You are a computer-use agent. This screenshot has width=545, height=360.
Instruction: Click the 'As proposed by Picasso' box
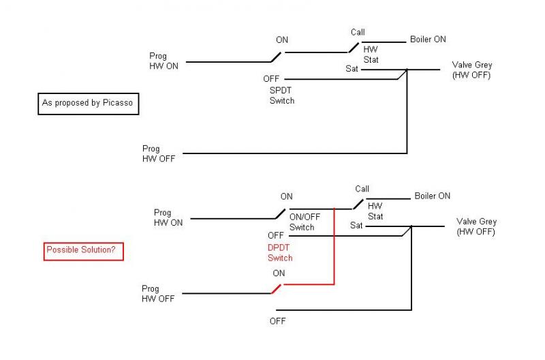pos(88,103)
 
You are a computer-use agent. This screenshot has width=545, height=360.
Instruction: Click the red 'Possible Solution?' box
pos(83,250)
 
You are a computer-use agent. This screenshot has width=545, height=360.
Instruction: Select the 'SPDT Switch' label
pos(281,95)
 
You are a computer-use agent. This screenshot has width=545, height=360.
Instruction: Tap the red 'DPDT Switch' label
pos(280,253)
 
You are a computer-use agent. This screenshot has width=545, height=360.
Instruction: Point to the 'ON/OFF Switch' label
pos(305,222)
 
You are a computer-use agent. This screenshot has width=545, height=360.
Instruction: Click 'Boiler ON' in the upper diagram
pos(428,40)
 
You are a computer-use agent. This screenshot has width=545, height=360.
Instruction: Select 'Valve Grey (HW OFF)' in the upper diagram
pos(471,70)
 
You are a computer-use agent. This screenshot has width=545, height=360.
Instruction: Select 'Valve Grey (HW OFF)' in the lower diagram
pos(476,227)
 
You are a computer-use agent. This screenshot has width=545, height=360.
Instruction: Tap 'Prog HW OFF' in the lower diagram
pos(158,294)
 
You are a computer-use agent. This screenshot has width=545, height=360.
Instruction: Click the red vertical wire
pos(334,246)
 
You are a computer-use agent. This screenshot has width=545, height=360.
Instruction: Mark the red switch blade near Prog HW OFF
pos(277,289)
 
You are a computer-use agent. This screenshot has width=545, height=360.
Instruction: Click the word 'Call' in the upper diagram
pos(358,32)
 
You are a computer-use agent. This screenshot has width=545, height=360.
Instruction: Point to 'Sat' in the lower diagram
pos(356,226)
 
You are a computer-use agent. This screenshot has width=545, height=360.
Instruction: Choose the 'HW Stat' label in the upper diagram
pos(371,55)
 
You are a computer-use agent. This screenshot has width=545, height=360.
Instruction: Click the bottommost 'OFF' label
pos(277,321)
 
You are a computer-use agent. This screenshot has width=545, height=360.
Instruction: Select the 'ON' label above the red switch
pos(279,273)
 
